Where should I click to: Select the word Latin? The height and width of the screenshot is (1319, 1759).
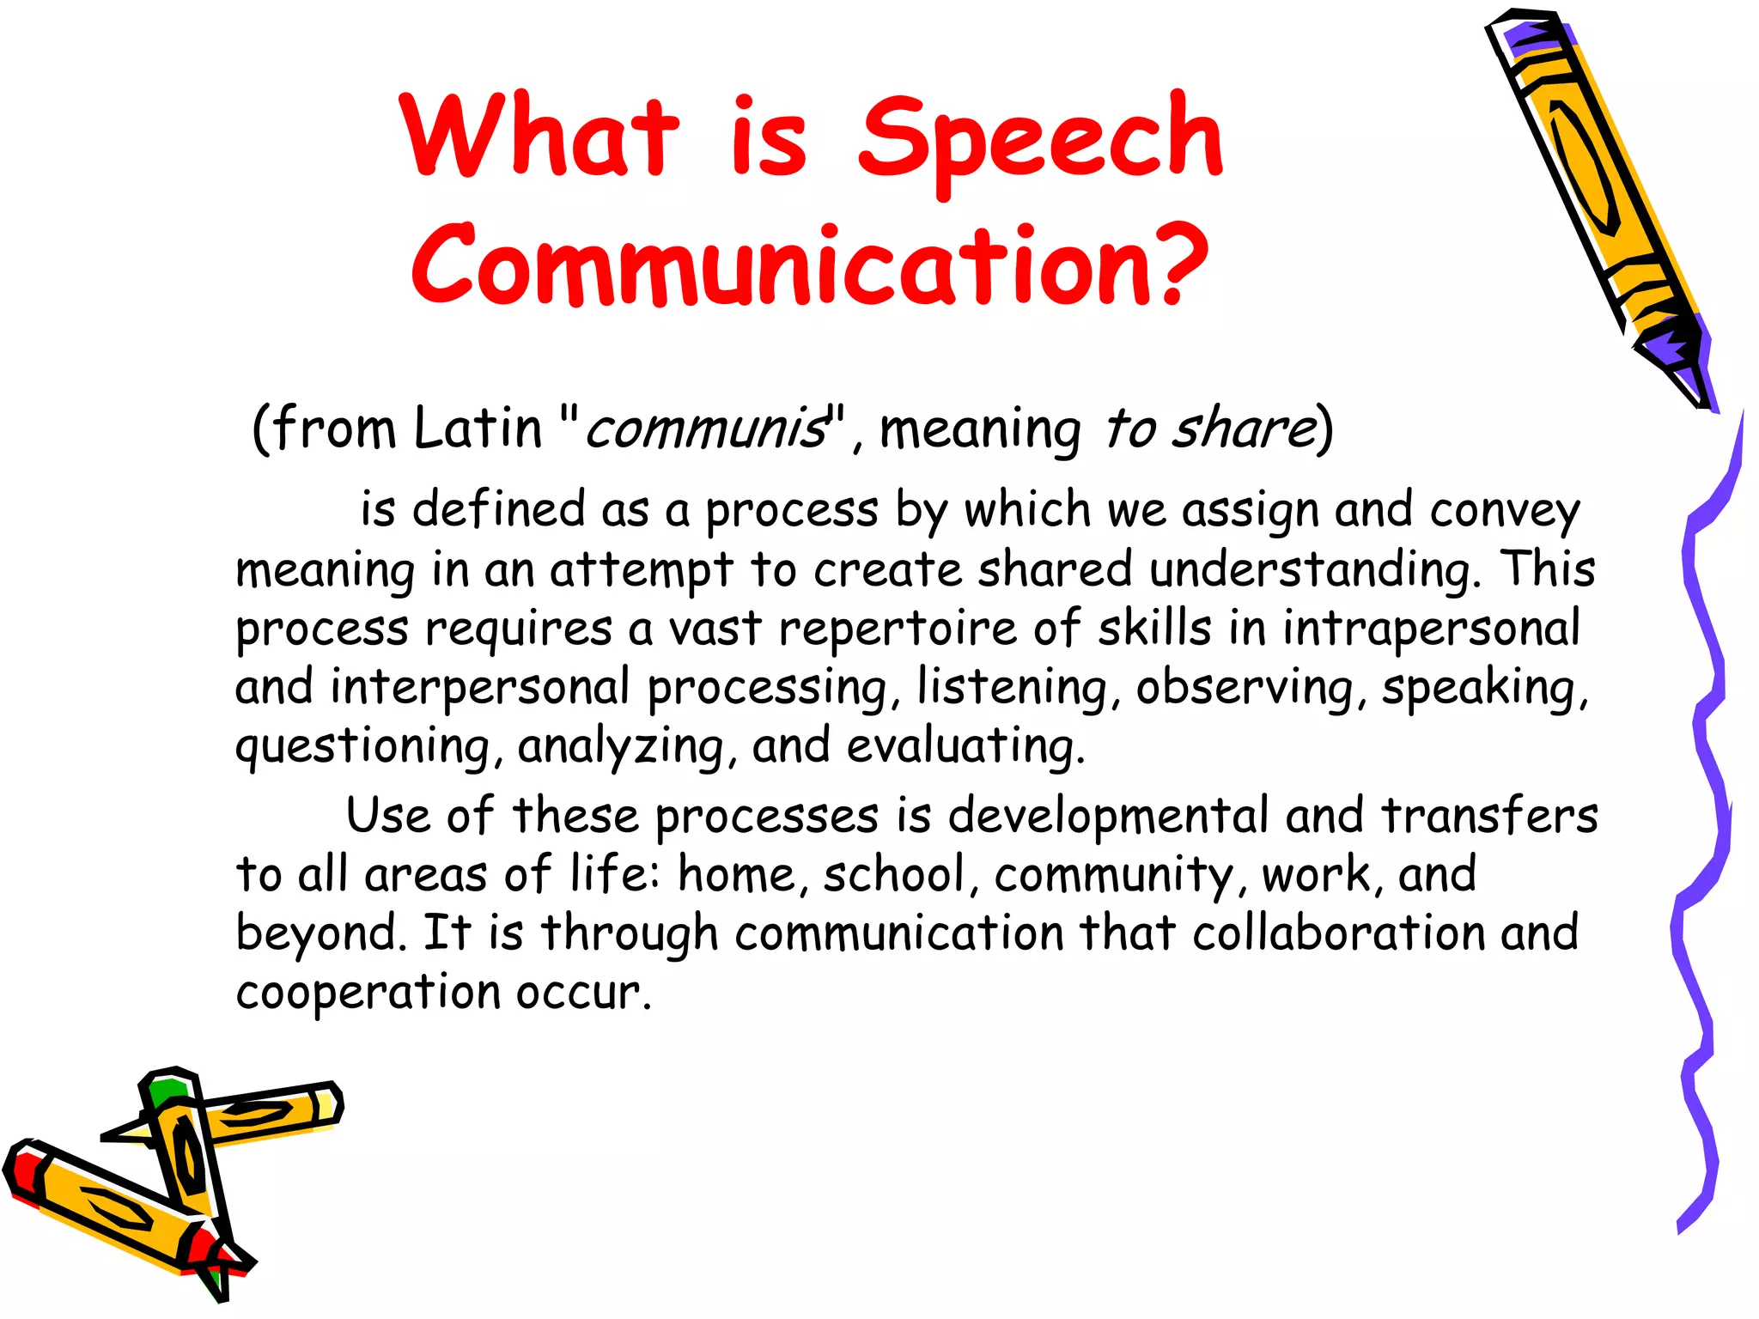click(x=477, y=428)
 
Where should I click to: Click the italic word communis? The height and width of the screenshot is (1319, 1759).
click(x=704, y=428)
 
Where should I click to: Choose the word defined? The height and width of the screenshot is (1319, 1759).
click(x=499, y=509)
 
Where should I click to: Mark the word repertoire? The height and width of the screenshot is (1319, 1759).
click(x=898, y=628)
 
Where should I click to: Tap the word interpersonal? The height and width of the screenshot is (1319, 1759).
click(x=480, y=687)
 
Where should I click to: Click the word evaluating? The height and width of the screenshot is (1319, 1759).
click(x=965, y=745)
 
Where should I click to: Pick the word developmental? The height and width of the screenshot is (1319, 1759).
click(x=1107, y=815)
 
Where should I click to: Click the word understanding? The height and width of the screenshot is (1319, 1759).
click(x=1315, y=569)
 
